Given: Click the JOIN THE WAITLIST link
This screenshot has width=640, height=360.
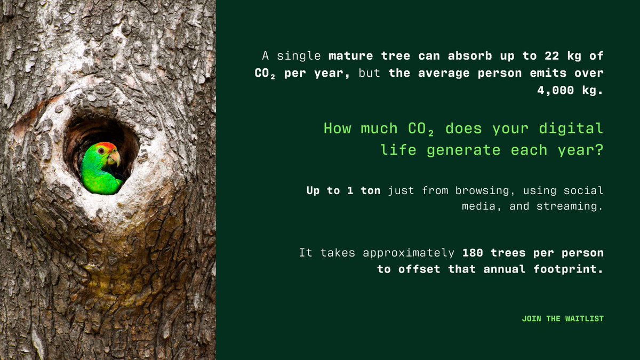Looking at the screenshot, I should click(563, 318).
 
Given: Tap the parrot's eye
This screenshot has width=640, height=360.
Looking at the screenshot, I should click(101, 151).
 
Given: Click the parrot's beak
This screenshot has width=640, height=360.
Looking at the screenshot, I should click(114, 157).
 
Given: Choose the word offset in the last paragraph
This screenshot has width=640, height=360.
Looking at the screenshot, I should click(419, 269).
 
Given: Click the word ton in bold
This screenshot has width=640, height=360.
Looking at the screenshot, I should click(370, 190).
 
